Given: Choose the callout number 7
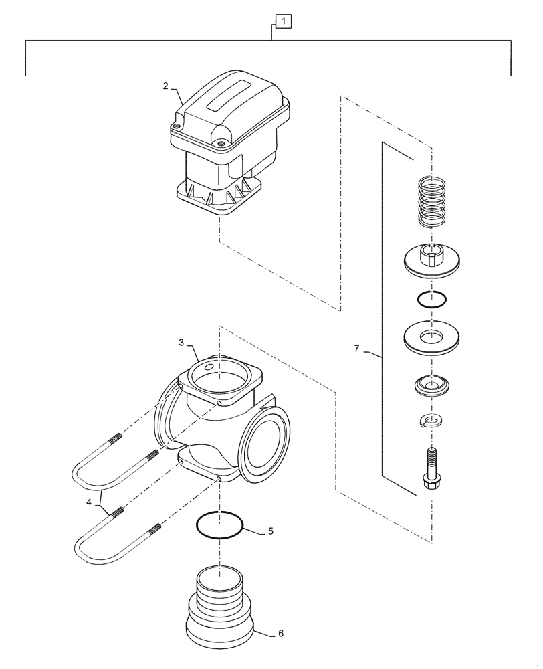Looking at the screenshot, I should click(x=356, y=349).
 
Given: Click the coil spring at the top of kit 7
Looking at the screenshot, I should click(x=431, y=201).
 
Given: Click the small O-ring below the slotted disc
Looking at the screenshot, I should click(x=430, y=300).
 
